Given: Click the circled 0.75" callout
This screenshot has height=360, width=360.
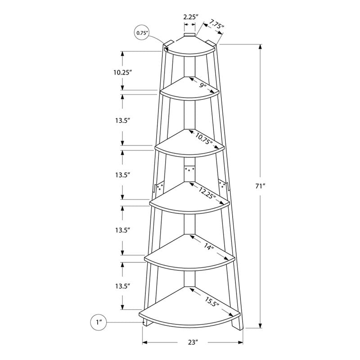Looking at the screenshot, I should point(142,32).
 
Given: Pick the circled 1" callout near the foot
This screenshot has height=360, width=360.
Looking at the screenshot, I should point(99,322).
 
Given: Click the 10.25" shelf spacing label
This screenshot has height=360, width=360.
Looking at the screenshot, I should point(122,72).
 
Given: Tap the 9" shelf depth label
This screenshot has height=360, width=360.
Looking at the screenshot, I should point(204,85).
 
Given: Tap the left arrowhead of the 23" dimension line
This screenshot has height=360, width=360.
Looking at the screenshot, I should point(145,343).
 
